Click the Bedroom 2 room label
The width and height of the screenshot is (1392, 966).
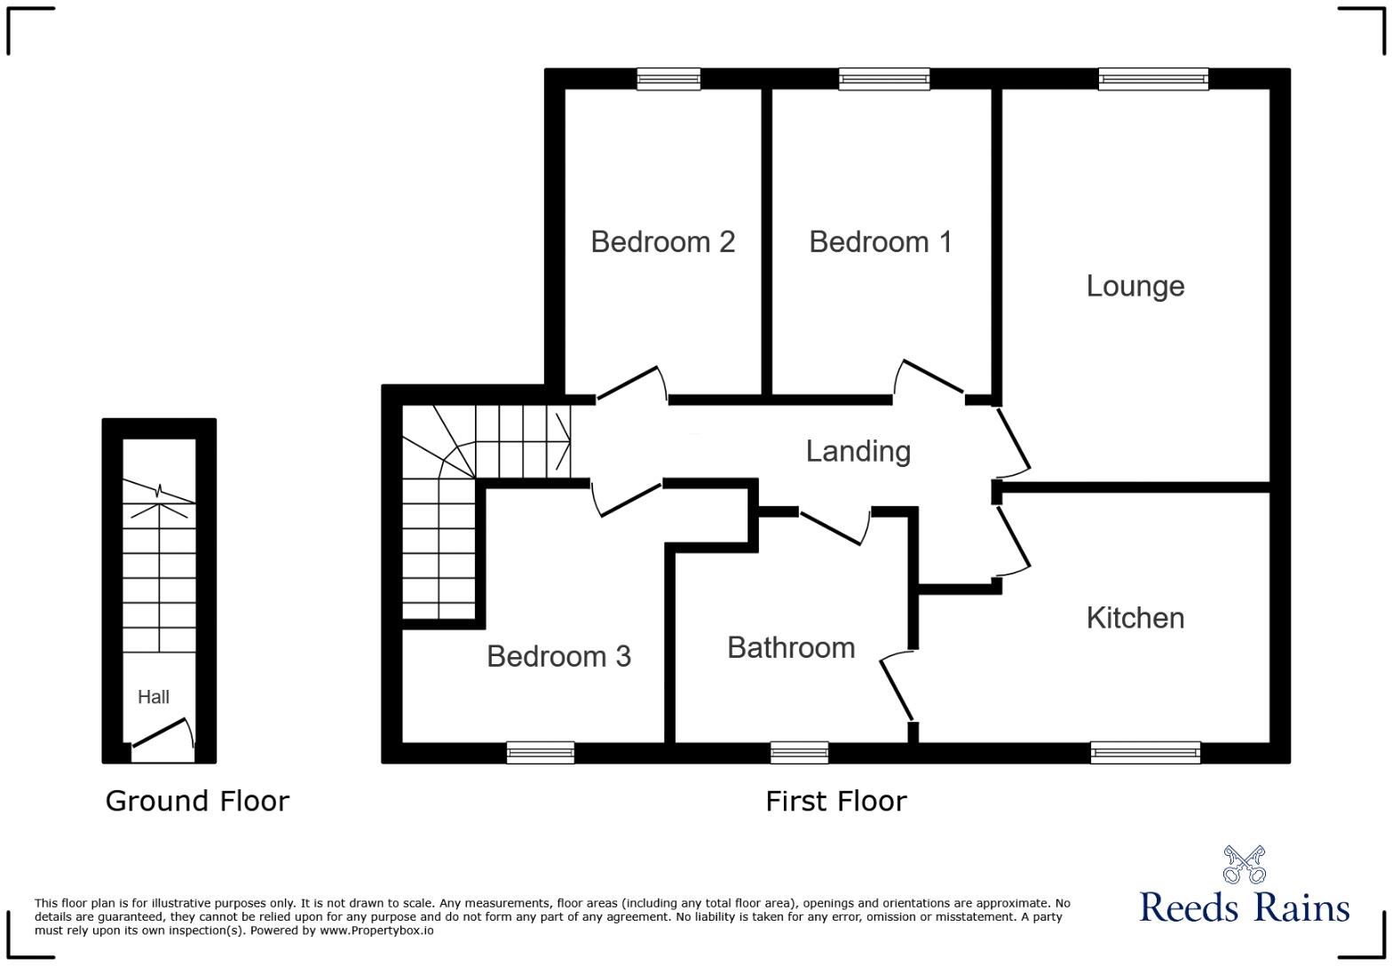coord(662,241)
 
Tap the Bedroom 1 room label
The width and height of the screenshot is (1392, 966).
coord(880,241)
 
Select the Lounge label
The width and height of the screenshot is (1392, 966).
coord(1135,287)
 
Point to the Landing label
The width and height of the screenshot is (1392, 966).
coord(858,451)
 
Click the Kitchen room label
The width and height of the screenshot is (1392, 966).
coord(1135,618)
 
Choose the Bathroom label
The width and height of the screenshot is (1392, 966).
coord(791,648)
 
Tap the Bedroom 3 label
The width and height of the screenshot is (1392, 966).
coord(558,656)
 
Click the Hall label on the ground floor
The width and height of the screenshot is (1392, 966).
coord(153,697)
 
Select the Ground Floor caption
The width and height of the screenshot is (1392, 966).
coord(197,801)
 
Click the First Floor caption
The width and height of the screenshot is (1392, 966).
coord(836,801)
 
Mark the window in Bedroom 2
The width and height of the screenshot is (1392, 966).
coord(668,79)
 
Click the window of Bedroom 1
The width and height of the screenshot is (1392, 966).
coord(884,79)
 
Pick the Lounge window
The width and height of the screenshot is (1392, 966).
coord(1153,79)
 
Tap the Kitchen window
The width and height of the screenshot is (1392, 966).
coord(1145,752)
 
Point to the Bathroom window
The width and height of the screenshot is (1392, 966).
coord(799,752)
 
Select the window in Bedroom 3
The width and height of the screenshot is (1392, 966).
coord(540,752)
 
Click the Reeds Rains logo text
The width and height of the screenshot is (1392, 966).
coord(1244,907)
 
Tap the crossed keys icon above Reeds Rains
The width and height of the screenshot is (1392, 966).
coord(1244,864)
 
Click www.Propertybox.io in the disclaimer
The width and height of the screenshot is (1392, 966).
coord(376,930)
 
